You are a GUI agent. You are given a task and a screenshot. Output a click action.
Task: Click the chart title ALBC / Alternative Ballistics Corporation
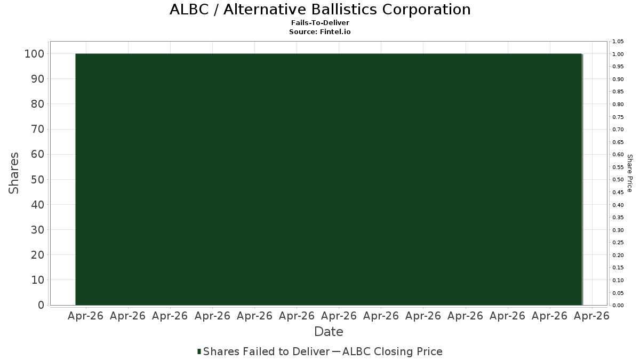coord(320,10)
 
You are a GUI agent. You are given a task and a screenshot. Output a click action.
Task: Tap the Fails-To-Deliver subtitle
coord(320,22)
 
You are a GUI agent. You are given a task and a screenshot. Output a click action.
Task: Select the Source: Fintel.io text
coord(319,31)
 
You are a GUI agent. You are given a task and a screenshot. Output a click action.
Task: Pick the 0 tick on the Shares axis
coord(42,305)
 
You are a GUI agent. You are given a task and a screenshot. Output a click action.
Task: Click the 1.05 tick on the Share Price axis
coord(618,42)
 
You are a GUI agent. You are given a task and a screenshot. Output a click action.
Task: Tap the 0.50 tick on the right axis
coord(618,179)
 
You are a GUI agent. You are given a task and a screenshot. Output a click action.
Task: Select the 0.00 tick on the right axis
coord(618,305)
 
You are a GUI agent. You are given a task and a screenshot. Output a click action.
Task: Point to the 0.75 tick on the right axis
coord(618,117)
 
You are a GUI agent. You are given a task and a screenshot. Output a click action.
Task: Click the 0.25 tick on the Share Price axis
coord(618,243)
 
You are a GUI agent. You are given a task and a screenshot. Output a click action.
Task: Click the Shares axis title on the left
coord(13,173)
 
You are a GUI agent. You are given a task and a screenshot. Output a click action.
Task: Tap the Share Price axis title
coord(630,173)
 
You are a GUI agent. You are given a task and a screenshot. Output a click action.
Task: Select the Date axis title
coord(329,332)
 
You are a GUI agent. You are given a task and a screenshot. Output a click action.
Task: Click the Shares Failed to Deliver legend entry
coord(266,351)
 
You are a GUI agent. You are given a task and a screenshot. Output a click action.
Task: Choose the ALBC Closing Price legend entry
coord(393,351)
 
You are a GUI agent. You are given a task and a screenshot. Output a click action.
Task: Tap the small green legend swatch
coord(199,351)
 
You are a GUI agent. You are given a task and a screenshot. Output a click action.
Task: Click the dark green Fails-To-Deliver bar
coord(329,179)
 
